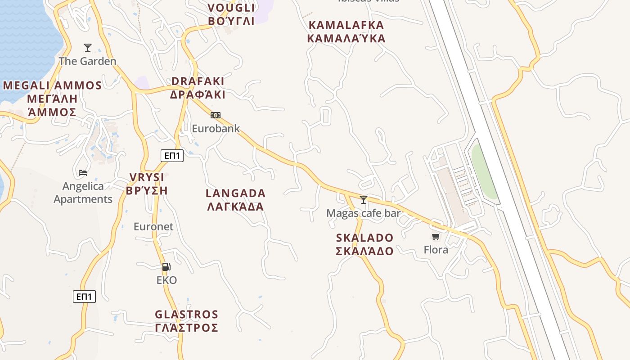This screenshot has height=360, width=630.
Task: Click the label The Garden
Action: click(87, 61)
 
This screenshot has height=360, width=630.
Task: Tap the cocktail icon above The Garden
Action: click(88, 47)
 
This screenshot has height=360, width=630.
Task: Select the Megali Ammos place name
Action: click(52, 99)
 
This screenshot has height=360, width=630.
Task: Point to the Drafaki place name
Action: click(198, 88)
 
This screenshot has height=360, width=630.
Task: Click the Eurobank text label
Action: click(216, 128)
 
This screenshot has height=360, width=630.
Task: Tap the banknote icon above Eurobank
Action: click(216, 115)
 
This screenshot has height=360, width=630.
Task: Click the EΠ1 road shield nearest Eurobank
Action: click(172, 156)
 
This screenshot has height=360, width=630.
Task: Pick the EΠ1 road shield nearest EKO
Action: click(84, 297)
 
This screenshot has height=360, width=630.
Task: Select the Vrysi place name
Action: click(147, 184)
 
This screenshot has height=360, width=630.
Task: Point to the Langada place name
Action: click(235, 200)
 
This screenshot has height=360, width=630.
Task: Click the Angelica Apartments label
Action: click(83, 193)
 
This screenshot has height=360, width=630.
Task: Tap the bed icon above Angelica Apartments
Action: click(83, 172)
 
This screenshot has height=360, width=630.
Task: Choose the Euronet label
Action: click(153, 226)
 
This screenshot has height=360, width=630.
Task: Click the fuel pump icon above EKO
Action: click(166, 267)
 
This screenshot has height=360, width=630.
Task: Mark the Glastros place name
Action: click(186, 321)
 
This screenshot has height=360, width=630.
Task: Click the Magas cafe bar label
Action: click(363, 213)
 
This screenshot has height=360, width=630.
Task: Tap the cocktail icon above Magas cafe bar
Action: click(364, 199)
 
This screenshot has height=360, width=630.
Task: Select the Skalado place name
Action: click(364, 244)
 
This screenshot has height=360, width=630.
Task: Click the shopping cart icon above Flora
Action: click(436, 236)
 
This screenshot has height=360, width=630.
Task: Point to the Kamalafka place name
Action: click(346, 31)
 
